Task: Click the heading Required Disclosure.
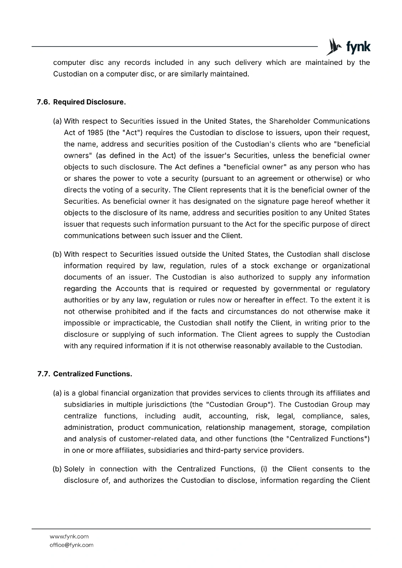(x=89, y=102)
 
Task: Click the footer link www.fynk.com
(x=69, y=536)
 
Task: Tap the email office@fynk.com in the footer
(x=71, y=545)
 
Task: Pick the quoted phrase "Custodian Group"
(x=236, y=405)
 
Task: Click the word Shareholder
(x=289, y=121)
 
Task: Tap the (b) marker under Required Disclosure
(x=57, y=255)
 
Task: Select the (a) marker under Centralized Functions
(x=57, y=393)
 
